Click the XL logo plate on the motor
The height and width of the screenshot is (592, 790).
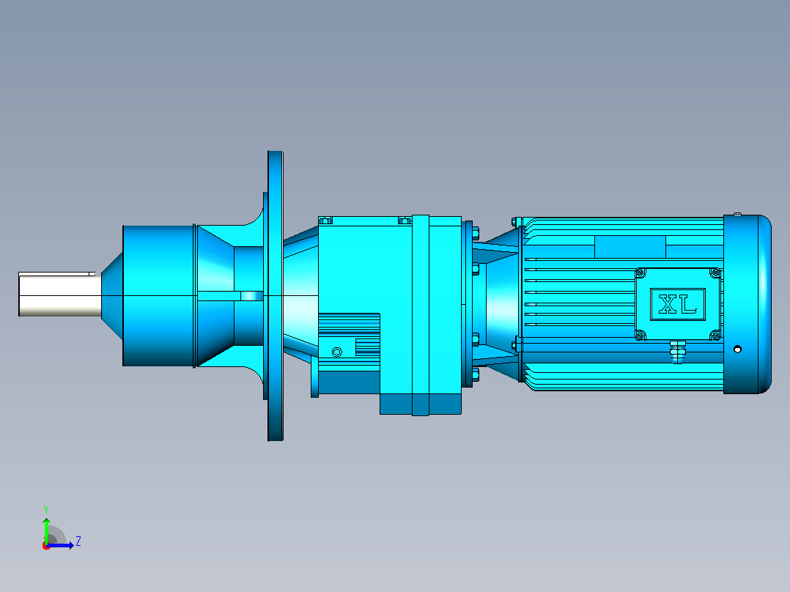point(678,304)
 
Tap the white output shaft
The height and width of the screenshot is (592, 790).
point(60,295)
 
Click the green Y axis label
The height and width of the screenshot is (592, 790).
point(46,509)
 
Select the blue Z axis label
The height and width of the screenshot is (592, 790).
point(78,541)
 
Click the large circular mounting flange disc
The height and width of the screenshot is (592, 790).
point(275,296)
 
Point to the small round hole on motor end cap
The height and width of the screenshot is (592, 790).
point(737,349)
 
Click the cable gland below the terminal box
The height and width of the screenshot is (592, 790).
point(678,350)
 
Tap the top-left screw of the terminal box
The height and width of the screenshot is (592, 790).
point(641,273)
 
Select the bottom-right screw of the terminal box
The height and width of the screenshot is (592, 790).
point(715,335)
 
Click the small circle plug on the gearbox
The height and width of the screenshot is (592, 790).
point(337,352)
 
